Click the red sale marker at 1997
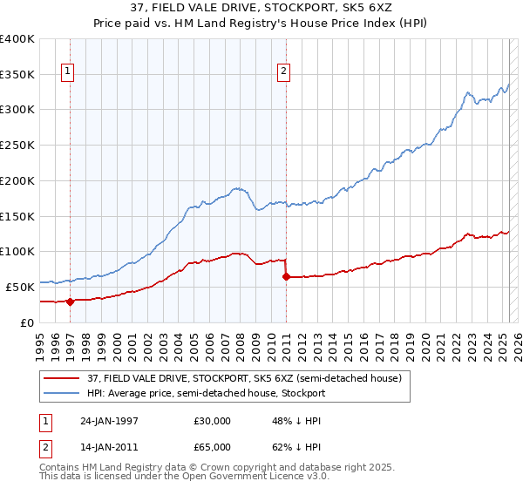pyautogui.click(x=70, y=302)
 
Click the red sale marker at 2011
pyautogui.click(x=286, y=276)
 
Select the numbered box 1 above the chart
pyautogui.click(x=69, y=72)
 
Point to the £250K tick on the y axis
pyautogui.click(x=17, y=146)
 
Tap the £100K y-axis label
pyautogui.click(x=17, y=252)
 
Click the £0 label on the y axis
pyautogui.click(x=26, y=322)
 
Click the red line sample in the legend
pyautogui.click(x=62, y=378)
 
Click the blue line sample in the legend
pyautogui.click(x=62, y=393)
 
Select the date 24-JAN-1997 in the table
pyautogui.click(x=111, y=420)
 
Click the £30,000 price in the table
pyautogui.click(x=212, y=420)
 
